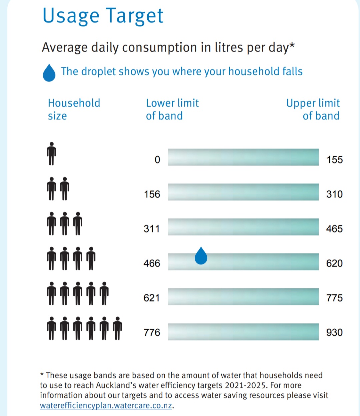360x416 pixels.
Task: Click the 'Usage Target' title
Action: point(103,16)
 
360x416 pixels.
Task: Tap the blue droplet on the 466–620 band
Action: point(201,256)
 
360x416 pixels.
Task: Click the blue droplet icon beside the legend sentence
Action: point(49,73)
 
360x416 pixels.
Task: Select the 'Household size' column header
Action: point(74,109)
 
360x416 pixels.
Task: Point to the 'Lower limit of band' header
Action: point(172,109)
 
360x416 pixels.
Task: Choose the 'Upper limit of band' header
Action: point(313,109)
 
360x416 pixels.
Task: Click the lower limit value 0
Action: point(157,160)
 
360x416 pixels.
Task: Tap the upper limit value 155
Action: point(335,160)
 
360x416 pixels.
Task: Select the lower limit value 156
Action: point(152,194)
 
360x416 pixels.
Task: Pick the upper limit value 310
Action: point(334,194)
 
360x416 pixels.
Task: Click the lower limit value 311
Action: point(152,229)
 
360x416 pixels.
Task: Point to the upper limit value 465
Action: point(334,229)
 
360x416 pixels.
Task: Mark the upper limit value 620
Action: point(334,263)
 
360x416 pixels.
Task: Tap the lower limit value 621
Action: point(152,298)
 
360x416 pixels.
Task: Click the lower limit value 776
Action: point(152,332)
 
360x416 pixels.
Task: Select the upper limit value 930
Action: point(334,332)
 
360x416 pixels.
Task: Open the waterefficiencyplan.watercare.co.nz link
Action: point(106,406)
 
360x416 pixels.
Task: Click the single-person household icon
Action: point(51,154)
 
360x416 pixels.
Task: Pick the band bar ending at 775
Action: point(243,296)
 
